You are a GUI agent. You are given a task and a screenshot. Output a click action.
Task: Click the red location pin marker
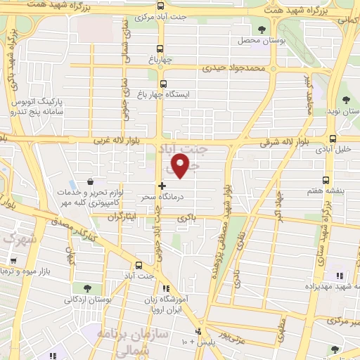coord(181,166)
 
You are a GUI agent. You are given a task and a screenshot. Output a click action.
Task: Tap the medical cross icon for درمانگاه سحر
coord(162,186)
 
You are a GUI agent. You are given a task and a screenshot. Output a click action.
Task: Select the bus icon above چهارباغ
coord(160,49)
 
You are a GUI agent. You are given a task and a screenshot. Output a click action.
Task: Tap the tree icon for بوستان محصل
coord(262,30)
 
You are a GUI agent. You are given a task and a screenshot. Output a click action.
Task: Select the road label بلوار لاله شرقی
coord(264,143)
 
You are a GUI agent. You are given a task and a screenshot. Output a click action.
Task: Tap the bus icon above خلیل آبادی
coord(332,139)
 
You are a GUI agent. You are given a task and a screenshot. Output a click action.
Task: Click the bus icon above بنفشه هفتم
coord(326,180)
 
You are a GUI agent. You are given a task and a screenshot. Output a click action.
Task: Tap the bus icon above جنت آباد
coord(138,265)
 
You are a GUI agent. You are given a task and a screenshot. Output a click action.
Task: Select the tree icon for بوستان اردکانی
coord(86,288)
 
